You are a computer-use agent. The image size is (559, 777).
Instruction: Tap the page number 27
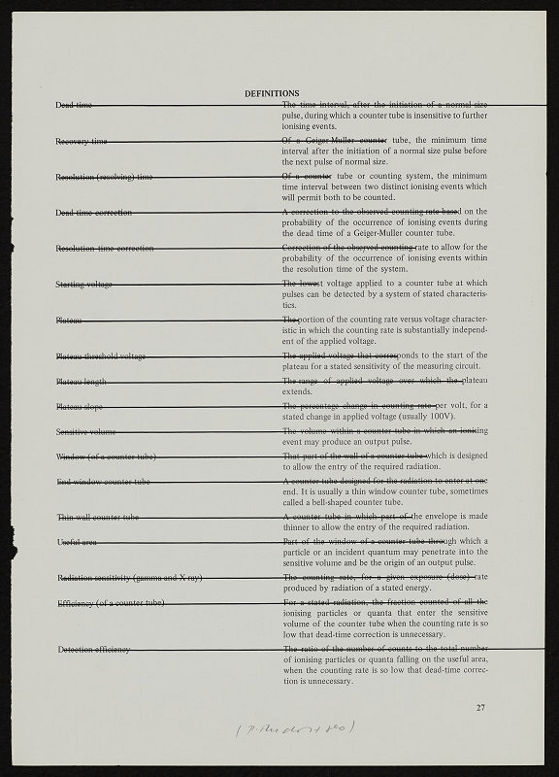click(480, 708)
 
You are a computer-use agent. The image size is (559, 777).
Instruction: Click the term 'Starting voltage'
click(84, 284)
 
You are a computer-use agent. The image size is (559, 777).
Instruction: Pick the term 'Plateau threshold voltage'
click(101, 356)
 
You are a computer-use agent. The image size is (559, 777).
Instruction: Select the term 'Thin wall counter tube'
click(98, 517)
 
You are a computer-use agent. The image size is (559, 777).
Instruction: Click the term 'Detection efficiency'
click(93, 649)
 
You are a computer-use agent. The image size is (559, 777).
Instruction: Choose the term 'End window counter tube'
click(102, 481)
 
